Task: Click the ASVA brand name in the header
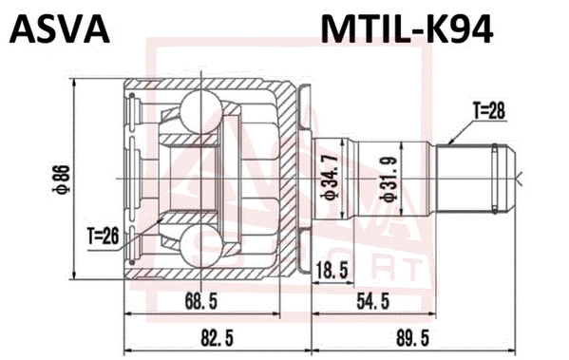point(60,29)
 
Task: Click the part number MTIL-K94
point(407,29)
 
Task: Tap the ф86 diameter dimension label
point(63,180)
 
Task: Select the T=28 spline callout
point(488,111)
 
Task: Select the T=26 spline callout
point(103,237)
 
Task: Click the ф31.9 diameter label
point(390,179)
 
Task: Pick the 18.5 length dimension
point(332,270)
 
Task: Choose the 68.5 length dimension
point(201,301)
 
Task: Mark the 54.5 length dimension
point(373,301)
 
